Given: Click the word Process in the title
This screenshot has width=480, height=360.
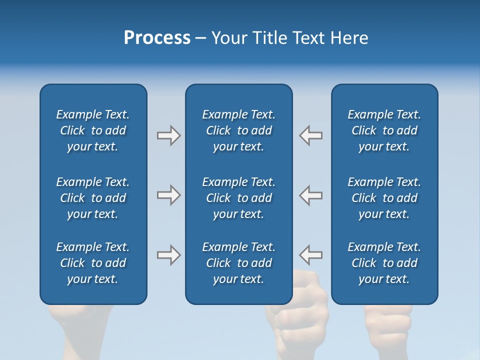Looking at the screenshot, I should (157, 38).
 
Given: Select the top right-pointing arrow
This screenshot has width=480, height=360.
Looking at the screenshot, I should (169, 135).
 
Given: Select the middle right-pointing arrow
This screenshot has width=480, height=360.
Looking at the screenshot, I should (169, 195).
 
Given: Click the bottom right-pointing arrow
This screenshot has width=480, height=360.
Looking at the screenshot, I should (169, 255).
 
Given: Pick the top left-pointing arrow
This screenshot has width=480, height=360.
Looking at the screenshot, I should (310, 135).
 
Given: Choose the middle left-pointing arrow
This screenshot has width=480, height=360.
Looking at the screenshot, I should (310, 195).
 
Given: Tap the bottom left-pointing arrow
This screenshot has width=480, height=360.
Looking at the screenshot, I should (310, 255).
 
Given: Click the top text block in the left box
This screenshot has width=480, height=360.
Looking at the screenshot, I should (93, 130).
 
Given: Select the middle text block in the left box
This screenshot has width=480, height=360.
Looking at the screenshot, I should (93, 198).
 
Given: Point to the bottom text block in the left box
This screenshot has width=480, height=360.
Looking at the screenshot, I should (93, 263).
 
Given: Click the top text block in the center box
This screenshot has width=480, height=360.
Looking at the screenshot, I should (238, 130).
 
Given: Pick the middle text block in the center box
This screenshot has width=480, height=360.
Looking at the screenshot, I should (238, 198).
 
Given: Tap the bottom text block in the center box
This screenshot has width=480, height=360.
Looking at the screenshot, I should (238, 263).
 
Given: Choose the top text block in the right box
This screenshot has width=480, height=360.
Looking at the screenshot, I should (384, 130).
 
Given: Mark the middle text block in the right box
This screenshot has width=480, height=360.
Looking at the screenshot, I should (384, 198).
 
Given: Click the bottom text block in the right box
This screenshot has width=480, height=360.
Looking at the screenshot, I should (384, 263).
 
